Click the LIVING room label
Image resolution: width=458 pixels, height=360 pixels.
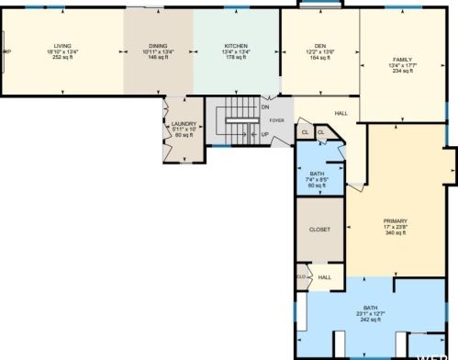pyautogui.click(x=62, y=45)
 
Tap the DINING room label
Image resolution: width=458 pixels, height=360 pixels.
pyautogui.click(x=159, y=45)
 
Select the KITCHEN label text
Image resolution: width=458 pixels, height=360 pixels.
pyautogui.click(x=237, y=45)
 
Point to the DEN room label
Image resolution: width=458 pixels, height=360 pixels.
pyautogui.click(x=319, y=45)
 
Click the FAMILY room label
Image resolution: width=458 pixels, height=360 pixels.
pyautogui.click(x=402, y=60)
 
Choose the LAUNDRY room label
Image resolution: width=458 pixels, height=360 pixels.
pyautogui.click(x=179, y=124)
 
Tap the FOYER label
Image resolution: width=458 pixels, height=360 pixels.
pyautogui.click(x=276, y=119)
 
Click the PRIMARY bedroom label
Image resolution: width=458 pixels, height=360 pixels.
pyautogui.click(x=395, y=221)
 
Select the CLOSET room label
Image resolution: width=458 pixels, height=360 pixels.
pyautogui.click(x=319, y=229)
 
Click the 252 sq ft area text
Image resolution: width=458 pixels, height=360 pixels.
pyautogui.click(x=62, y=57)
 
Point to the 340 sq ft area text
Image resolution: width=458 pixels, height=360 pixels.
pyautogui.click(x=395, y=233)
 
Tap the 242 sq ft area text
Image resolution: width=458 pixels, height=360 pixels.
pyautogui.click(x=370, y=320)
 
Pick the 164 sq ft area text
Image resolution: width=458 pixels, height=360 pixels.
pyautogui.click(x=319, y=57)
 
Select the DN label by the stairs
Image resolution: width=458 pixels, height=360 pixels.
pyautogui.click(x=265, y=107)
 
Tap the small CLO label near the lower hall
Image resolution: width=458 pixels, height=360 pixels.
pyautogui.click(x=300, y=276)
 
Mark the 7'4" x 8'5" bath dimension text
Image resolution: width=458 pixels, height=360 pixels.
pyautogui.click(x=317, y=180)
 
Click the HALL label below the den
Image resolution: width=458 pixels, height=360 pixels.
pyautogui.click(x=341, y=113)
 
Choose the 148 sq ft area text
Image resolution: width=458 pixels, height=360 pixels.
pyautogui.click(x=159, y=57)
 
